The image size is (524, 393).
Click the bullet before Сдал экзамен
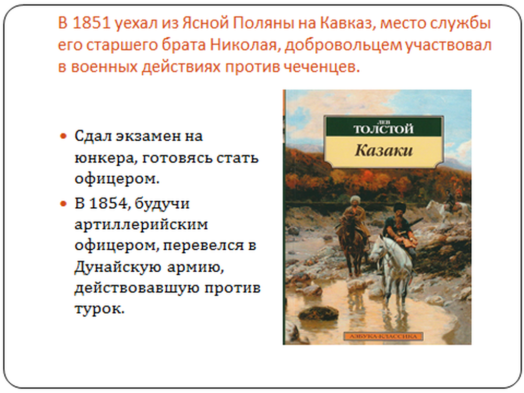click(63, 136)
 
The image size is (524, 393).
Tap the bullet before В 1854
click(63, 204)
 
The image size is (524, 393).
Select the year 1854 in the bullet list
click(108, 204)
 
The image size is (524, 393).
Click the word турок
click(100, 309)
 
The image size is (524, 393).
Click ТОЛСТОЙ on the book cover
click(384, 129)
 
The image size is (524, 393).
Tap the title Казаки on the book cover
click(384, 151)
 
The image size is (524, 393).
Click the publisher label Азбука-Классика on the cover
click(384, 337)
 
